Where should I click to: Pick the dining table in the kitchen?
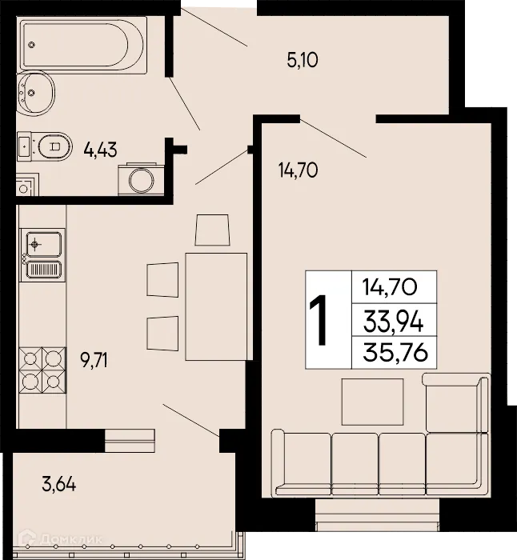(215, 305)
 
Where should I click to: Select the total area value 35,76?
(394, 353)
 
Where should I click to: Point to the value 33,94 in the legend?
(394, 322)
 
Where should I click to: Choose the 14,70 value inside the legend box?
(394, 286)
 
